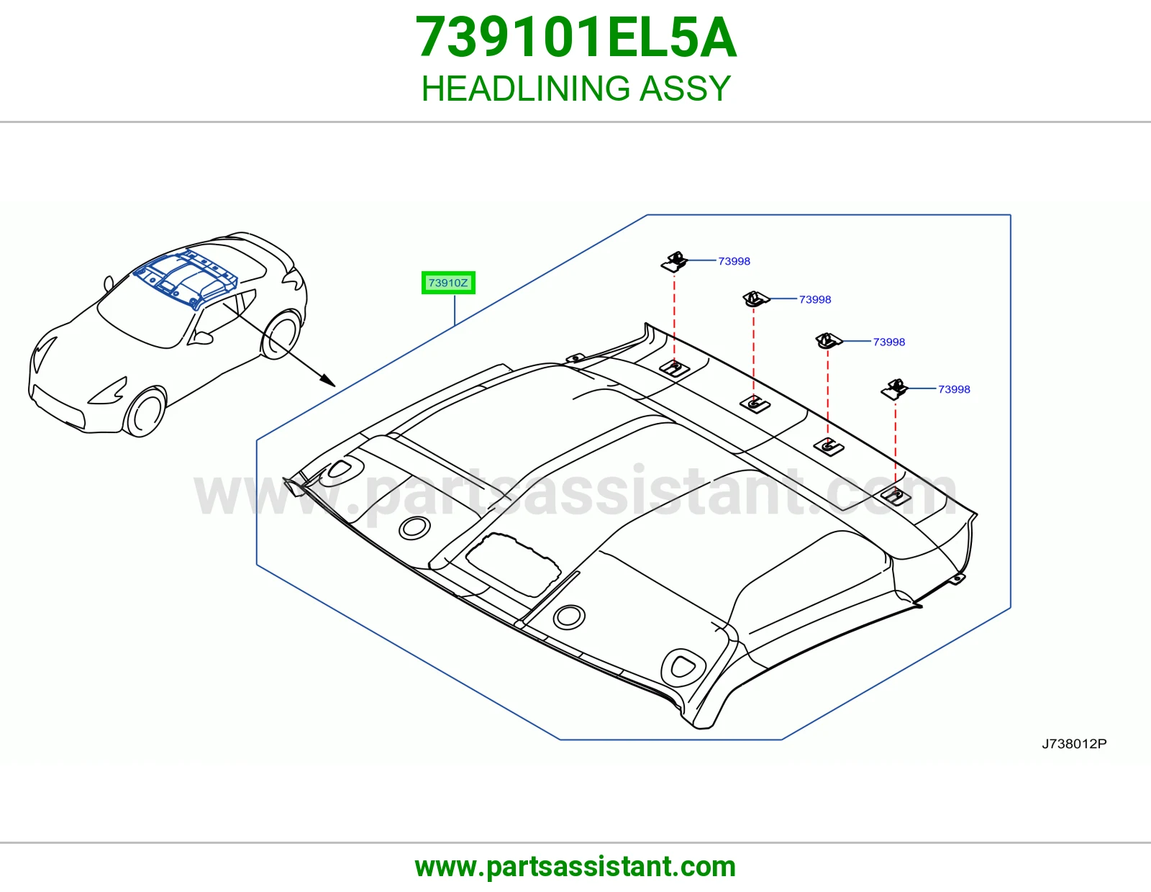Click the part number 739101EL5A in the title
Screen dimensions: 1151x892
click(575, 37)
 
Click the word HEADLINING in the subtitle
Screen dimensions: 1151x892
click(525, 88)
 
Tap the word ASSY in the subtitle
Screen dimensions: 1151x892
click(685, 88)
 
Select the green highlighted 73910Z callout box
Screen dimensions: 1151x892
click(448, 283)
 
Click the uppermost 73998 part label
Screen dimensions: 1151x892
click(734, 261)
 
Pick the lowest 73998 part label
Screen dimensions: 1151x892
click(954, 389)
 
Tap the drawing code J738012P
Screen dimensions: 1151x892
click(1074, 744)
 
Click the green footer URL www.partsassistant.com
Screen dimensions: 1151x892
click(575, 867)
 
